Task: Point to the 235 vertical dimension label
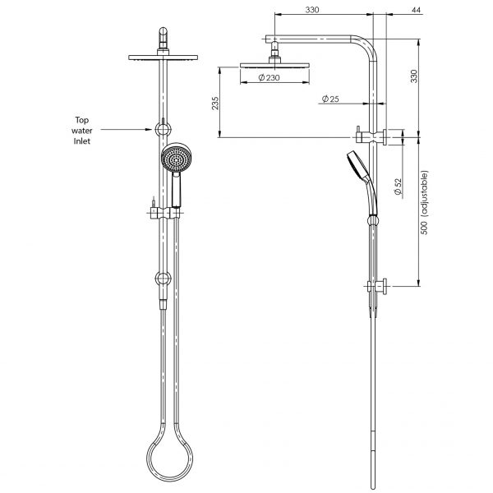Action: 214,102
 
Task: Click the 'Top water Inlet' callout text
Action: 80,130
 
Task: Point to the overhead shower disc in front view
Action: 164,58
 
